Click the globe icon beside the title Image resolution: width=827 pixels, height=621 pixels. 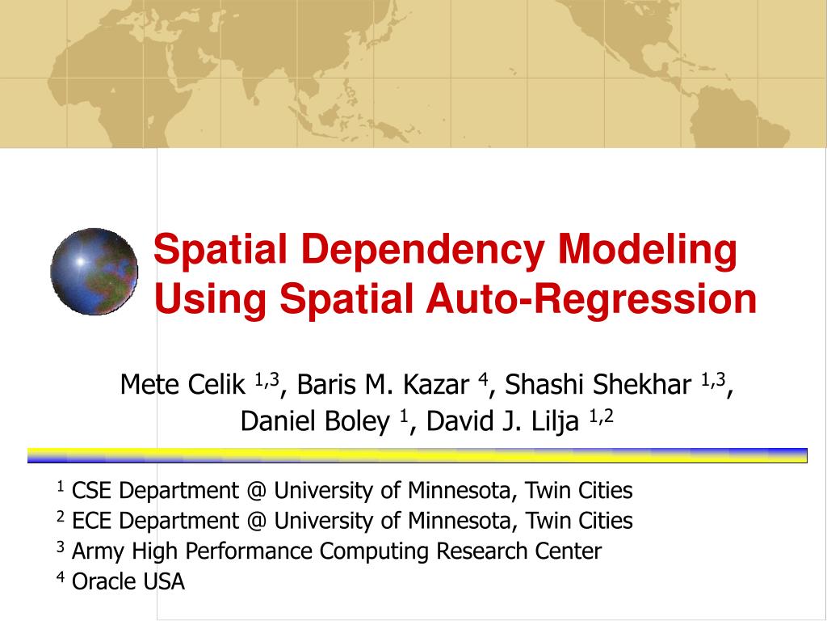94,271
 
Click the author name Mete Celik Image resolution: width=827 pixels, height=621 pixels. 183,384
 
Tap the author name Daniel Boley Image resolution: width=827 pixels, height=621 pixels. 314,420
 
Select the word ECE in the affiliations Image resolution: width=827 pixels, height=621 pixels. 92,521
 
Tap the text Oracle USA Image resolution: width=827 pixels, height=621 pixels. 128,581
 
